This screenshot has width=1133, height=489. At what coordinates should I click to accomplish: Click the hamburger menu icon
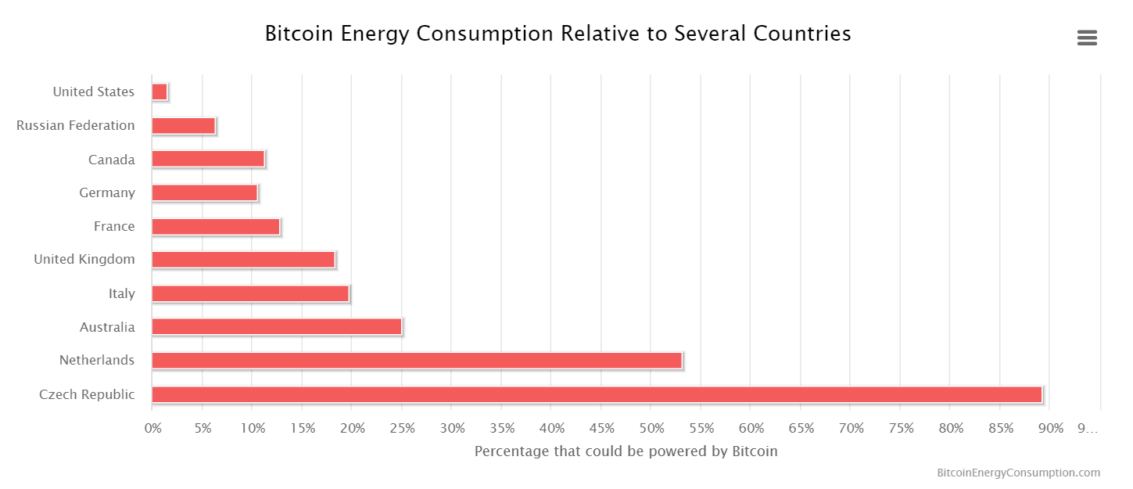[x=1087, y=38]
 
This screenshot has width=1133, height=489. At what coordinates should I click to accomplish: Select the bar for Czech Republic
[x=597, y=394]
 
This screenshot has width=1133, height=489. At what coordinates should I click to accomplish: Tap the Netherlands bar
[x=417, y=361]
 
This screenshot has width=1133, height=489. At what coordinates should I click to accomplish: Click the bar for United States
[x=160, y=92]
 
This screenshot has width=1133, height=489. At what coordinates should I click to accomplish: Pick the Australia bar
[x=277, y=327]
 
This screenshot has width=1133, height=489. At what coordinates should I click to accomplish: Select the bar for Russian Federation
[x=184, y=125]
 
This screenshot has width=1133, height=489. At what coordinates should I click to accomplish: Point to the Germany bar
[x=205, y=193]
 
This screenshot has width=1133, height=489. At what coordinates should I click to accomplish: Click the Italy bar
[x=250, y=293]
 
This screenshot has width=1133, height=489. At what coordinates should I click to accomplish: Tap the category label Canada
[x=111, y=160]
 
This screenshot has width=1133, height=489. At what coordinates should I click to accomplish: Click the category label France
[x=114, y=226]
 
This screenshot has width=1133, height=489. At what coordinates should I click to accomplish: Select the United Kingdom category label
[x=84, y=259]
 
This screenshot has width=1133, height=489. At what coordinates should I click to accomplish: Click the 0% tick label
[x=152, y=429]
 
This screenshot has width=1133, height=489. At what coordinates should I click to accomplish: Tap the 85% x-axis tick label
[x=1001, y=429]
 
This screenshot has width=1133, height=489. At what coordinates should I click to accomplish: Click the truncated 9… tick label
[x=1088, y=429]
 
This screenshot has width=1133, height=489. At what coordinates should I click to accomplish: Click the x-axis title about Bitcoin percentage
[x=626, y=451]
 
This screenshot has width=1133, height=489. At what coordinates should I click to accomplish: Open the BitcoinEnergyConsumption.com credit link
[x=1018, y=473]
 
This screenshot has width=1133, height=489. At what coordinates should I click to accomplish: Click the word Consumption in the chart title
[x=485, y=34]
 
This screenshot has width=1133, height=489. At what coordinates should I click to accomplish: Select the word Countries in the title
[x=801, y=34]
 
